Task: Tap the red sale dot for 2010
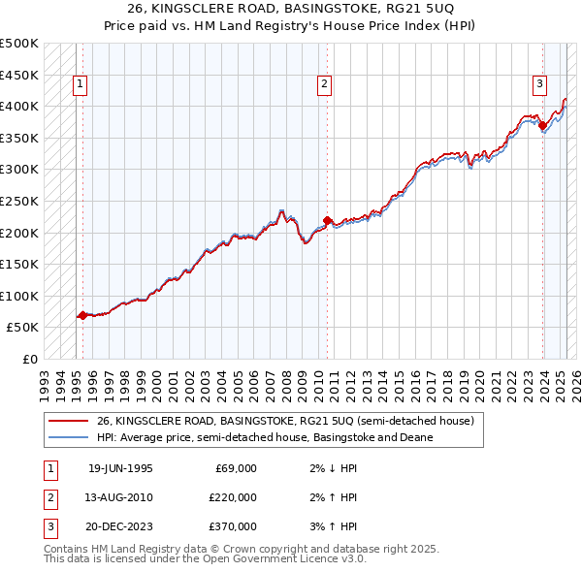327,220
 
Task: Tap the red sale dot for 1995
82,315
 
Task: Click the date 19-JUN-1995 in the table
120,468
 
